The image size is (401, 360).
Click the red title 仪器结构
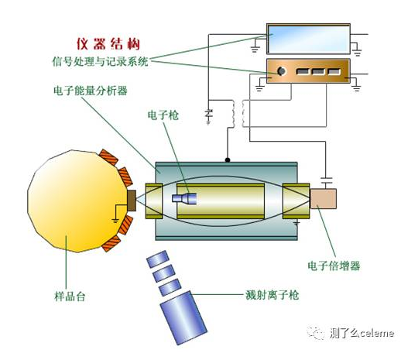(x=108, y=44)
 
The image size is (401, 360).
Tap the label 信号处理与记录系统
(x=101, y=62)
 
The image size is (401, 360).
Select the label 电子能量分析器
(x=91, y=91)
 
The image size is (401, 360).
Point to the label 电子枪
(x=163, y=115)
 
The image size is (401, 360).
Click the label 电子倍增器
(x=334, y=266)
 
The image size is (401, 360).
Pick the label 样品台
(x=70, y=297)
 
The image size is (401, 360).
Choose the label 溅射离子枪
(x=272, y=295)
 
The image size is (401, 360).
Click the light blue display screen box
(x=308, y=39)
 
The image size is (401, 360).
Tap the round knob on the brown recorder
(x=281, y=71)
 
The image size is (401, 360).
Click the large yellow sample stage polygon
(x=77, y=201)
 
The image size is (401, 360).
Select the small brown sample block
(x=132, y=201)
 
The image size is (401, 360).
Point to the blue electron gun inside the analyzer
(x=184, y=198)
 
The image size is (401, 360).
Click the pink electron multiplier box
(x=323, y=199)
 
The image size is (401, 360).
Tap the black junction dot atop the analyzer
(x=228, y=160)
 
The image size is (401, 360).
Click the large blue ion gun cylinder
(x=183, y=318)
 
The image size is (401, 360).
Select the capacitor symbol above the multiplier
(x=326, y=180)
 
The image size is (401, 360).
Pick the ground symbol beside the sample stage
(x=115, y=221)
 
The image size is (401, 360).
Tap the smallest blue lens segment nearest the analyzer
(x=158, y=259)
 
